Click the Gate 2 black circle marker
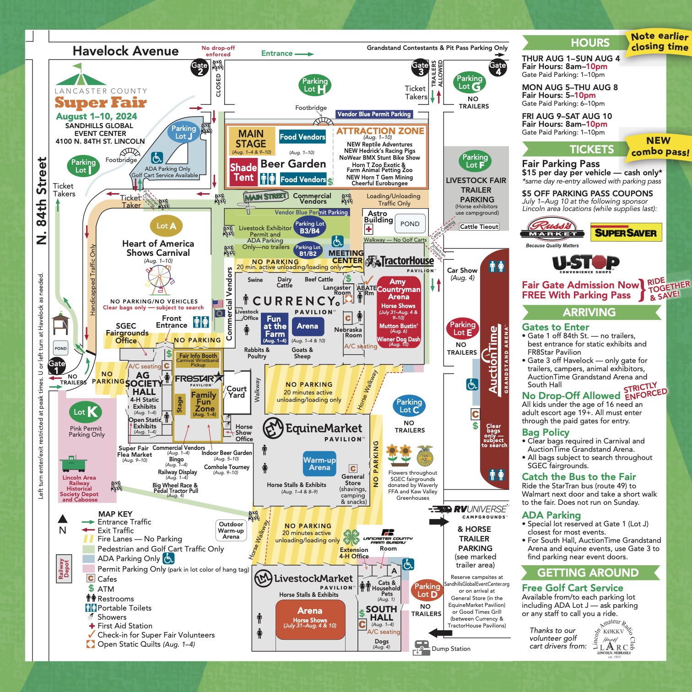pos(200,68)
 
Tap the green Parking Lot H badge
pos(315,85)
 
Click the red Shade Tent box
pos(243,172)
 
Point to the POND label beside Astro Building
pos(410,224)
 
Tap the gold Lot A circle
pos(166,226)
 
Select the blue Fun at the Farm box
pos(274,328)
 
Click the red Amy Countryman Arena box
pos(398,312)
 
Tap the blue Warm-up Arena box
pos(319,464)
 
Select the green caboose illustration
pos(73,464)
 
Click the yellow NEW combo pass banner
pos(659,146)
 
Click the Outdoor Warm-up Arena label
pos(231,530)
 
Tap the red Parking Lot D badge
pos(427,590)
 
